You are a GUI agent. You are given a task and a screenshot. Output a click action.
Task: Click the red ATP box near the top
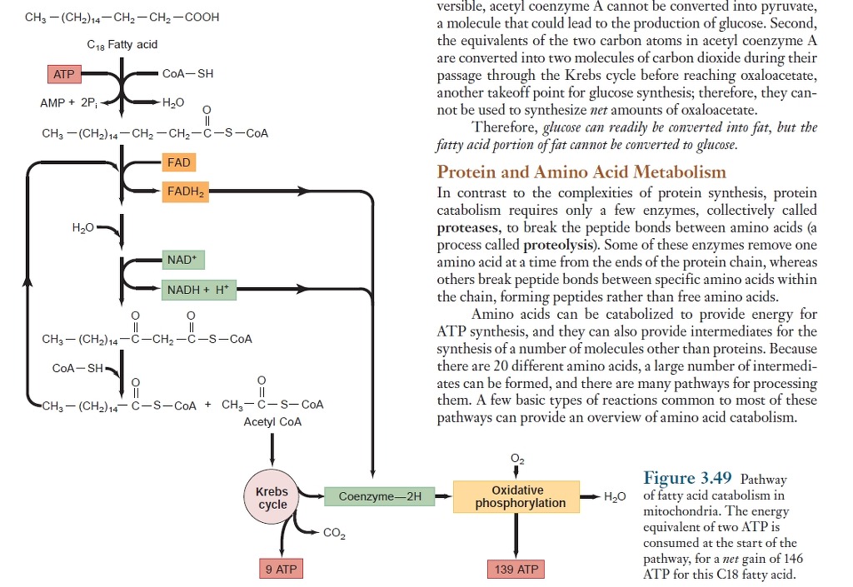tap(63, 75)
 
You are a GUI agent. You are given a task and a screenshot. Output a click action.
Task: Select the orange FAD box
tap(179, 162)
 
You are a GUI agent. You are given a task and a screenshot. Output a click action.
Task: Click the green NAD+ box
tap(182, 260)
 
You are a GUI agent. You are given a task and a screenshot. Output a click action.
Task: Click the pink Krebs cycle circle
tap(272, 498)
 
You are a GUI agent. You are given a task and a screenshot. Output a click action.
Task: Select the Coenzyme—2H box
tap(381, 497)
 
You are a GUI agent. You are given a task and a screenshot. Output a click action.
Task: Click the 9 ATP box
tap(281, 570)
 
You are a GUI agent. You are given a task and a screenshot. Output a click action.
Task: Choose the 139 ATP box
tap(516, 570)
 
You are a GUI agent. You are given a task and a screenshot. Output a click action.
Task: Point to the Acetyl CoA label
tap(272, 422)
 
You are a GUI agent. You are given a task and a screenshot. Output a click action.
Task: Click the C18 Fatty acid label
tap(122, 43)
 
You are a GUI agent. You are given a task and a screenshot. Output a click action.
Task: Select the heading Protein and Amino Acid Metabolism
tap(581, 172)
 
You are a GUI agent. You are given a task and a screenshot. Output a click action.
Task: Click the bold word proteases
tap(468, 226)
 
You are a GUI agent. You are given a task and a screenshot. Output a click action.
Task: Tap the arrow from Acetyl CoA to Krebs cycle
tap(272, 450)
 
